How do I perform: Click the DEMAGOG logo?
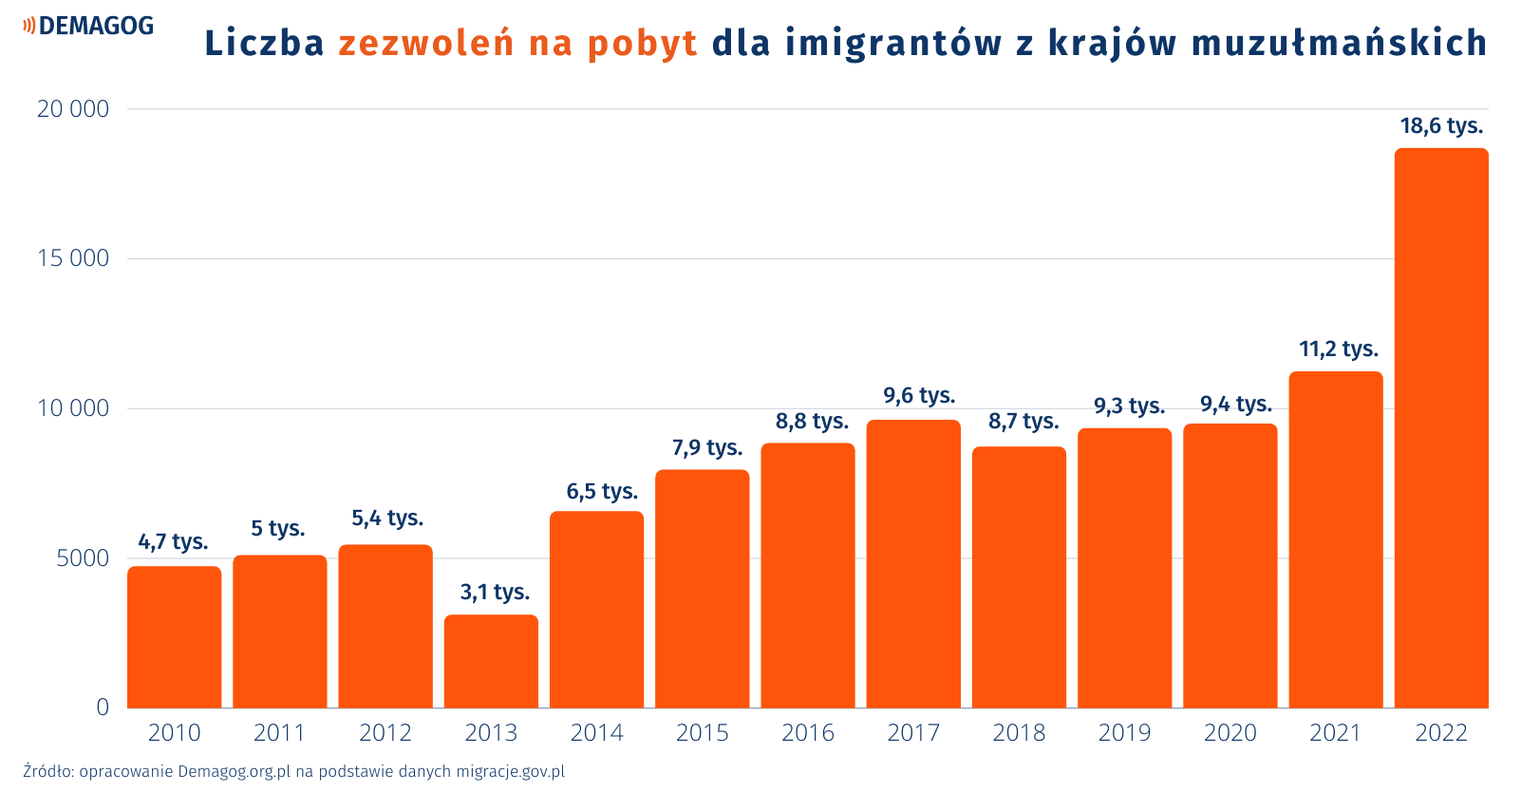point(89,26)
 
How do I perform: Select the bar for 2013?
point(491,661)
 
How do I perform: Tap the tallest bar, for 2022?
point(1440,427)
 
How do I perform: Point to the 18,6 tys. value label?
point(1441,125)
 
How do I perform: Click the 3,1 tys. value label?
point(495,592)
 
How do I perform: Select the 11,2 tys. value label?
point(1339,349)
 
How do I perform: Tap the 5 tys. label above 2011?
point(278,528)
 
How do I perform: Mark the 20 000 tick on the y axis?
point(73,109)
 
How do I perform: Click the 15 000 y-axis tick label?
point(73,258)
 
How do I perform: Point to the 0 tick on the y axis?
point(103,707)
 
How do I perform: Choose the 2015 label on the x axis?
point(703,733)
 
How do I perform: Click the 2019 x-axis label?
point(1124,733)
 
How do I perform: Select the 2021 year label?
point(1336,733)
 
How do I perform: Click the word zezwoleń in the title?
point(426,44)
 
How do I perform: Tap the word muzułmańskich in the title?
point(1339,44)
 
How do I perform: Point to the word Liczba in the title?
point(265,44)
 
